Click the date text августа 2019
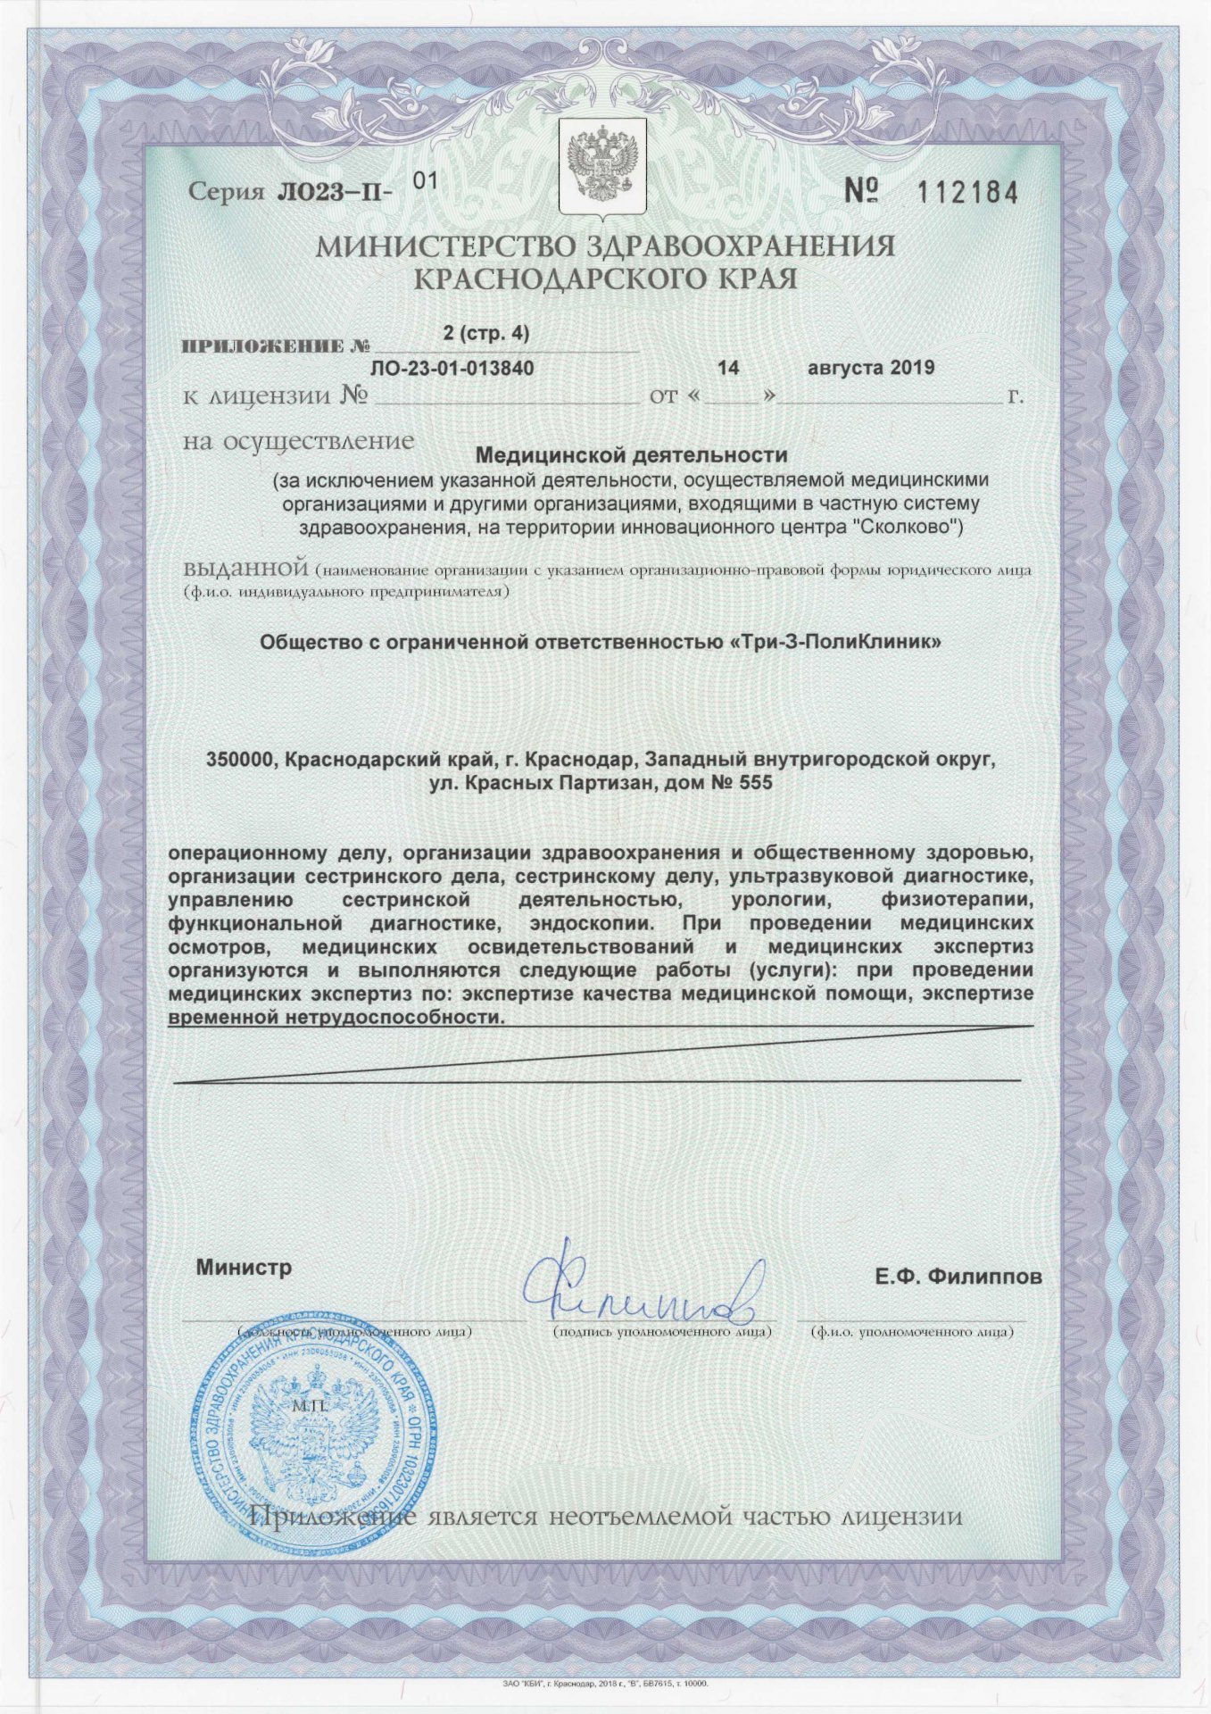click(870, 367)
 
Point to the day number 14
click(729, 367)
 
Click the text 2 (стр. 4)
click(485, 334)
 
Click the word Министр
click(244, 1268)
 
